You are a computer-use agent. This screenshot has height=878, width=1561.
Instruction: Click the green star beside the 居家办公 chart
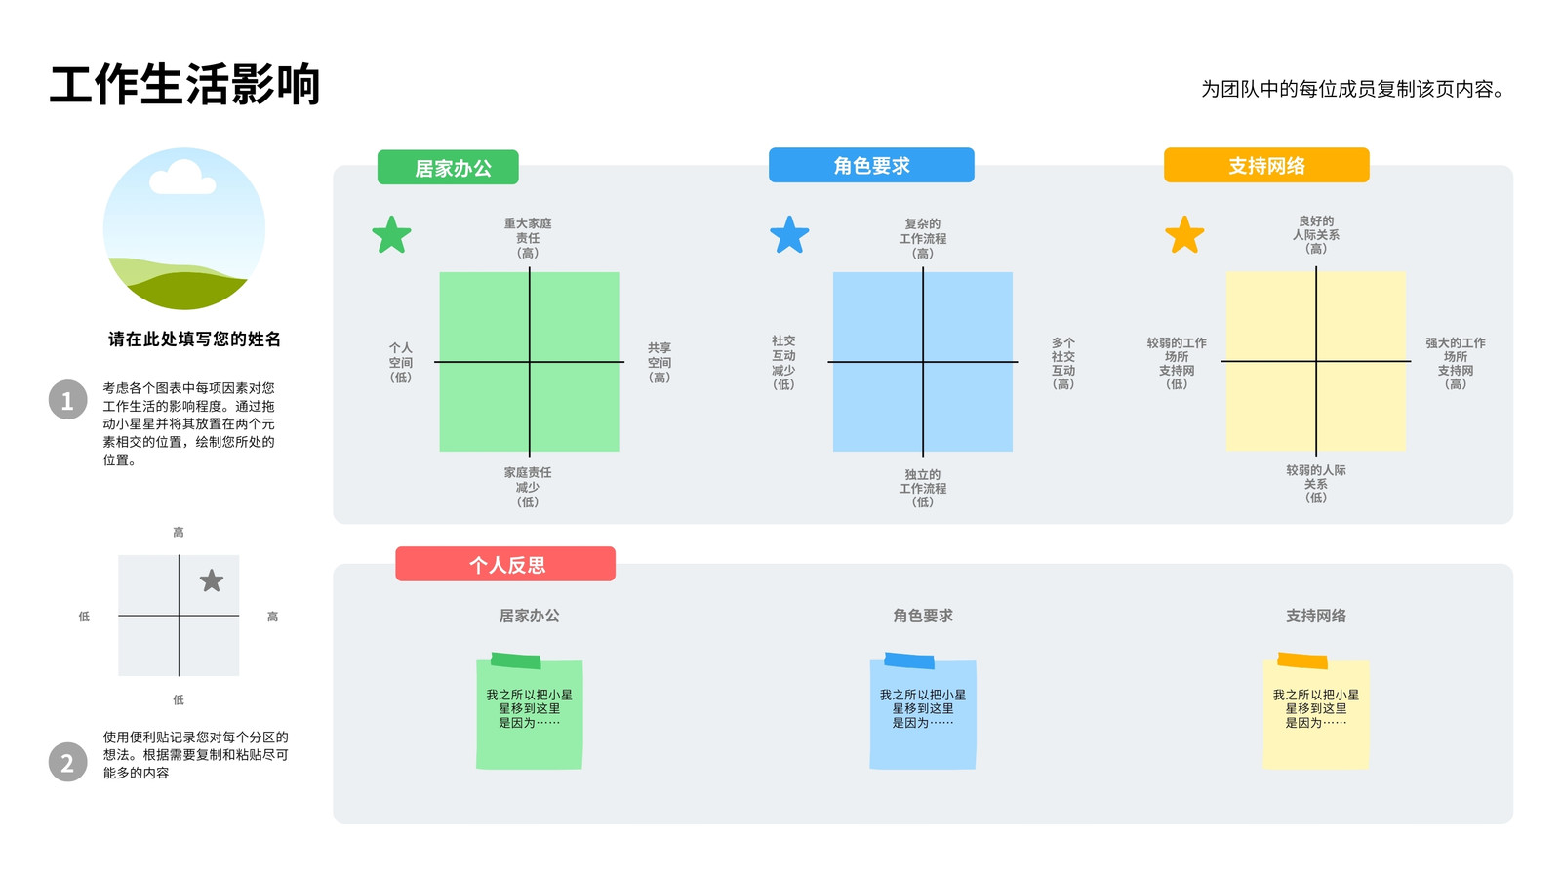point(391,235)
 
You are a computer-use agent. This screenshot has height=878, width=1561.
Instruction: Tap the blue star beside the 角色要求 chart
point(789,235)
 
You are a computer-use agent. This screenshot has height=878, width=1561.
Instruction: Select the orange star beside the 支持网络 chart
point(1184,235)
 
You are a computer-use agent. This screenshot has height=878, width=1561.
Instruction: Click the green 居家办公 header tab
point(448,167)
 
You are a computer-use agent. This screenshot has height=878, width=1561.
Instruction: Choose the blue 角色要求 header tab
point(871,165)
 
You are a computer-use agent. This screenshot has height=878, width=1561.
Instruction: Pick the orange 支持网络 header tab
point(1266,165)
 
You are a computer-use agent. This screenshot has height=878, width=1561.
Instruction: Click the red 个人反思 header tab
point(505,564)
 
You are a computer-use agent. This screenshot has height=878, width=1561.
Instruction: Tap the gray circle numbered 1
point(67,400)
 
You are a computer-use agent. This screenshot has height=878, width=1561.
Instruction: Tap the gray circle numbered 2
point(67,762)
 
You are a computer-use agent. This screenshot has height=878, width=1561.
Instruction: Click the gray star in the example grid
point(211,580)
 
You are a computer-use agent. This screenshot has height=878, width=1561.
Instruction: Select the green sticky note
point(529,711)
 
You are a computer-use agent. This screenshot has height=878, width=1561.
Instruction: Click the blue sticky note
point(923,711)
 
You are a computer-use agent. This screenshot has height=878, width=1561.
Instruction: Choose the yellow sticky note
point(1316,711)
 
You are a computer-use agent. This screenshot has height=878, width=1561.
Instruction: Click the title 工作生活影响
point(184,85)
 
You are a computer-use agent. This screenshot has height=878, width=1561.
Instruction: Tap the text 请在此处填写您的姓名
point(194,339)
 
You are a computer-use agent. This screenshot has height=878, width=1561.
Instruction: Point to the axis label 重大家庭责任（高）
point(528,238)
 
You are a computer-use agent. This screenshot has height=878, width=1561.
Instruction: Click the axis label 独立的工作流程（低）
point(923,488)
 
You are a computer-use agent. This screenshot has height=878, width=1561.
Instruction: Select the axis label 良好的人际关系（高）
point(1316,234)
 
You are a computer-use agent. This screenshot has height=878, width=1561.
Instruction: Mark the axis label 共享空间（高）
point(660,362)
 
